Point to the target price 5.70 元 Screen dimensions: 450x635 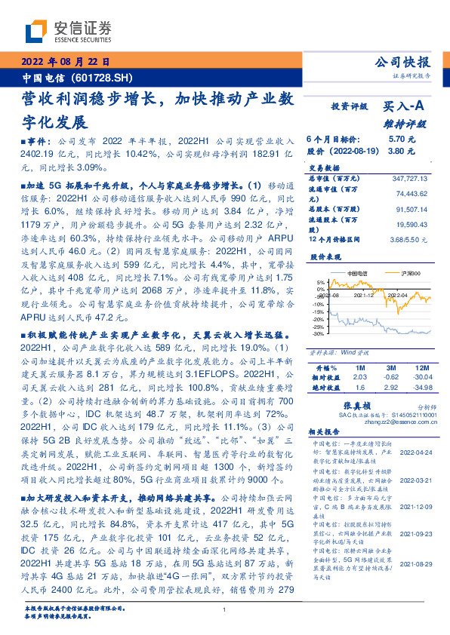[x=398, y=140]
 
